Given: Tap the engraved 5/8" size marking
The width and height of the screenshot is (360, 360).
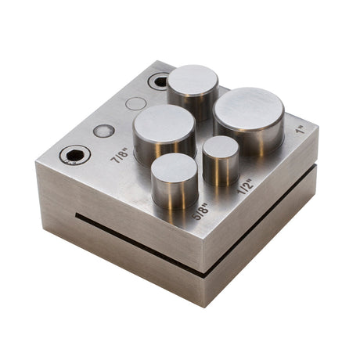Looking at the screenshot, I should point(201,211).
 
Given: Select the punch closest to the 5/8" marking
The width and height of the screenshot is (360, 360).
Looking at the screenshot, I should point(175,168).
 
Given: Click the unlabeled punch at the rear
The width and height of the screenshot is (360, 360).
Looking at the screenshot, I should point(193,80).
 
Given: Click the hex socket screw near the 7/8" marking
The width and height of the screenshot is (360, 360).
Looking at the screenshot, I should point(75,155).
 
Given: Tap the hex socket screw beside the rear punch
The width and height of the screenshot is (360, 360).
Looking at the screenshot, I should point(159,81).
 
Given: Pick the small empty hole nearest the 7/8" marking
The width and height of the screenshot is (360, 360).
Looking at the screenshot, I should point(104,131).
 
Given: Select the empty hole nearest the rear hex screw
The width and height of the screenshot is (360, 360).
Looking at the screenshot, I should point(136,103).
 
